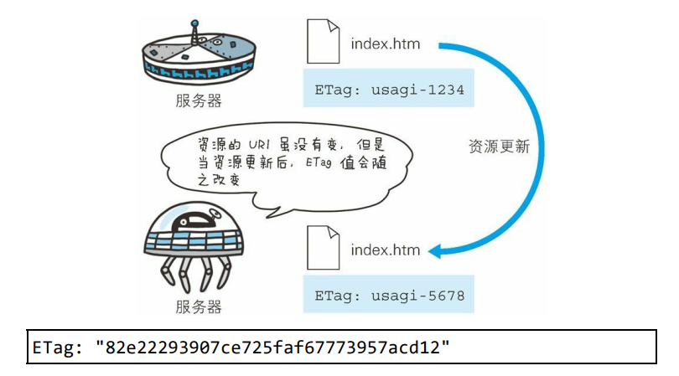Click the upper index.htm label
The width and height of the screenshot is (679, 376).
[x=385, y=43]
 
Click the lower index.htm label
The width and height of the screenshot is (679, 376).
[x=385, y=250]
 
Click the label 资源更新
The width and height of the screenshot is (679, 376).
[x=499, y=146]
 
